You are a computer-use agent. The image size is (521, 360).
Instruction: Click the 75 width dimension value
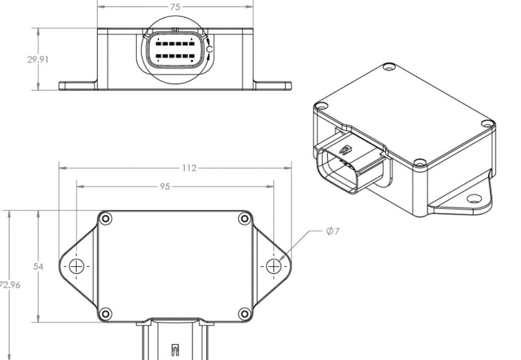pos(175,7)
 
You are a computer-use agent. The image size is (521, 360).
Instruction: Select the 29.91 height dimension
pos(38,59)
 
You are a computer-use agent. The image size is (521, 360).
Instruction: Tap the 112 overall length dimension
pos(189,168)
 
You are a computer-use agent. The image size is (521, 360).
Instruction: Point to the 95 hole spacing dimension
pos(165,187)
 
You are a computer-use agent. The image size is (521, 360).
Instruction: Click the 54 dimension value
pos(38,266)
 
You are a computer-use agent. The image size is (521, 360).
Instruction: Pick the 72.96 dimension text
pos(10,285)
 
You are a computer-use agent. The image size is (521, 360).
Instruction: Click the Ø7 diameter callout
pos(333,231)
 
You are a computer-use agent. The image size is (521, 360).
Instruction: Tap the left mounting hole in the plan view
pos(76,266)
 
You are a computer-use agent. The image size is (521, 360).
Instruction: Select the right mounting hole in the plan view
pos(273,266)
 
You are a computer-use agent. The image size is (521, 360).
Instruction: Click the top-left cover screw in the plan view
pos(106,219)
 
